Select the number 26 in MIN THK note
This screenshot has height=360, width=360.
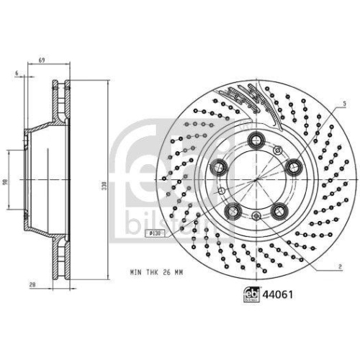point(166,271)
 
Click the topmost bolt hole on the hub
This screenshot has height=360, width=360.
point(254,141)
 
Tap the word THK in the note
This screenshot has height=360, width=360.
point(150,271)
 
